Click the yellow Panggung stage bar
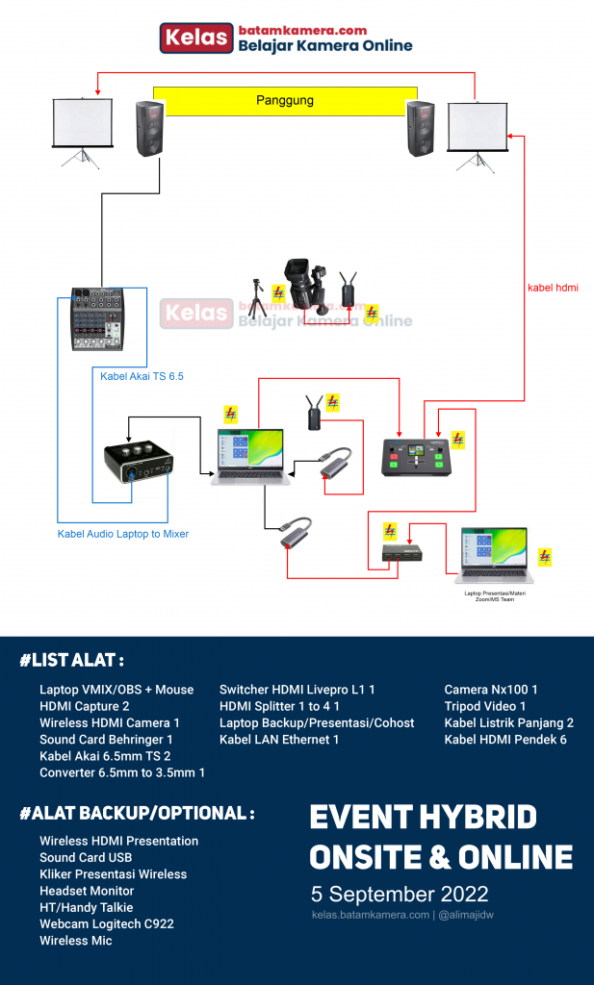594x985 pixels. (285, 100)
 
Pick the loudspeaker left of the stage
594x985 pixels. (149, 129)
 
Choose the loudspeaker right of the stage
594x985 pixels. (421, 129)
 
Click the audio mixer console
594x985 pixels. (97, 318)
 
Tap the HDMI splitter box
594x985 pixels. (401, 553)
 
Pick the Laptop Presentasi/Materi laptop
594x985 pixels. (494, 556)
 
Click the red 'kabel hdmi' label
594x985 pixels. (553, 288)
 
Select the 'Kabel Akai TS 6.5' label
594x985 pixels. (142, 375)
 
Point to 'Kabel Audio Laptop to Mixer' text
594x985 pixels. (122, 534)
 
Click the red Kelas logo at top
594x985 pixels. (196, 38)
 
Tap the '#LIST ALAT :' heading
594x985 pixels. (71, 661)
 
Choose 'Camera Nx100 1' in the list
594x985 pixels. (490, 690)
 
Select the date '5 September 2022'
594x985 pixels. (399, 893)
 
